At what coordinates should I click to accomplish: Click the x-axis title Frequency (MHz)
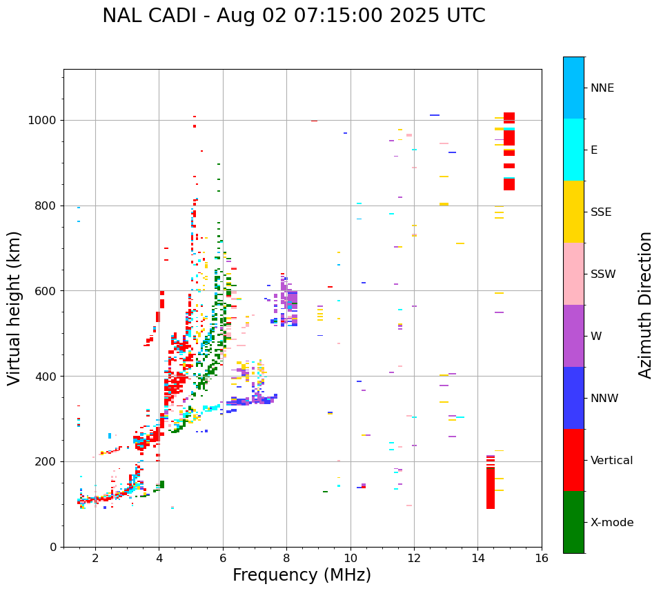pos(302,575)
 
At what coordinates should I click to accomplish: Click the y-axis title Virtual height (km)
pos(14,308)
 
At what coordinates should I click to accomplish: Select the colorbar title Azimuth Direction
pos(645,305)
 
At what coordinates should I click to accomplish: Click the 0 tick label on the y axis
pos(53,547)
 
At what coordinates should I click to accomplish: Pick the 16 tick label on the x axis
pos(542,558)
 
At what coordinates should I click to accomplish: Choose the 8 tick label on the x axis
pos(286,558)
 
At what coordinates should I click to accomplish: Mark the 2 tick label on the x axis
pos(95,558)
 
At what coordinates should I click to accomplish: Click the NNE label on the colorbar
pos(602,88)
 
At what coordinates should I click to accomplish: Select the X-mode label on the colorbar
pos(611,523)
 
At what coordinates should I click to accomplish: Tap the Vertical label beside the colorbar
pos(611,461)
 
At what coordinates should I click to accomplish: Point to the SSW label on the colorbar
pos(603,274)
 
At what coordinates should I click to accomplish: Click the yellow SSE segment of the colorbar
pos(573,212)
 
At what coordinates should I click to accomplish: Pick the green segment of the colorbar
pos(573,522)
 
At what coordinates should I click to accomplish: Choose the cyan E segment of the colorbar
pos(573,150)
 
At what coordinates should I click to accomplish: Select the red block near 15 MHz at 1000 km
pos(509,118)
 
